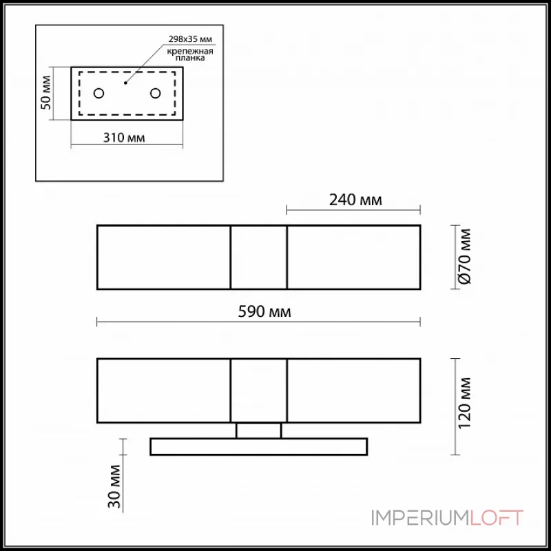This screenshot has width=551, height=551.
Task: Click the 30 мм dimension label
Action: pyautogui.click(x=116, y=487)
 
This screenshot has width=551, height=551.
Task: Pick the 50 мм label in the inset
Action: pyautogui.click(x=45, y=94)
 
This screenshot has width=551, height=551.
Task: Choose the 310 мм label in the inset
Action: pyautogui.click(x=124, y=138)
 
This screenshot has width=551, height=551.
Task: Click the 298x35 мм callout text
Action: pyautogui.click(x=187, y=39)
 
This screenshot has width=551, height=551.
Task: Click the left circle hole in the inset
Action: pyautogui.click(x=99, y=93)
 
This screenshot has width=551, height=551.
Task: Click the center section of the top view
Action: pyautogui.click(x=258, y=257)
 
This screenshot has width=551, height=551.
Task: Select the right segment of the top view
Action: pyautogui.click(x=353, y=257)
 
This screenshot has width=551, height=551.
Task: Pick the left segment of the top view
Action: pyautogui.click(x=163, y=257)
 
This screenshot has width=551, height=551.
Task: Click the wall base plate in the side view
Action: pyautogui.click(x=258, y=446)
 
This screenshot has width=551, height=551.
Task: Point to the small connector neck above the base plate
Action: pyautogui.click(x=258, y=430)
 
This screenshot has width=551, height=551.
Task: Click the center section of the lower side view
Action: pyautogui.click(x=258, y=390)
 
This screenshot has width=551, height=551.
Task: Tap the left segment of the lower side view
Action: pyautogui.click(x=163, y=390)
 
